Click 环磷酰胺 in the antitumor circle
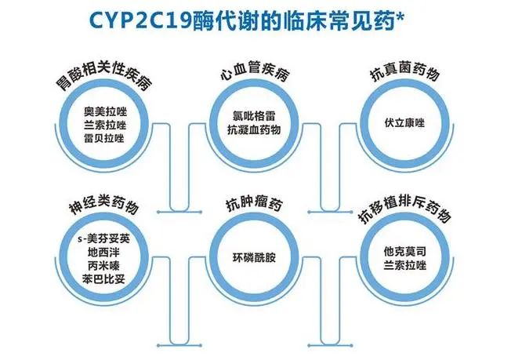254,256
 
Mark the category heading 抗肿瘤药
253,206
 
